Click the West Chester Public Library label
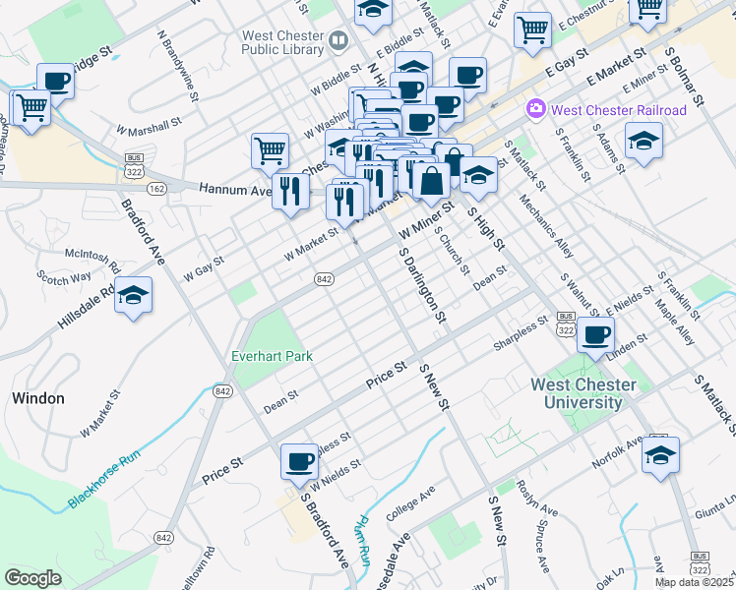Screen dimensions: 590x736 (x=283, y=43)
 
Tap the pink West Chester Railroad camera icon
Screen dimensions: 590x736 (x=536, y=109)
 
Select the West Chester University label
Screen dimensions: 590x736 (x=576, y=393)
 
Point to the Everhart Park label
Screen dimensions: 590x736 (x=273, y=355)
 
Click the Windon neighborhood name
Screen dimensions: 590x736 (x=38, y=398)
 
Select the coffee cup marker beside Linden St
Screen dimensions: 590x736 (x=595, y=334)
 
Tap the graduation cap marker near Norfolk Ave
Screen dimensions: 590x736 (x=660, y=455)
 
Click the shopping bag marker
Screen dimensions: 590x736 (x=431, y=181)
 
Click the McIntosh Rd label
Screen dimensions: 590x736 (x=91, y=260)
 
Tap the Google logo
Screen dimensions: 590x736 (x=32, y=578)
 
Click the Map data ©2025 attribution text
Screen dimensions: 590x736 (x=694, y=582)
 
